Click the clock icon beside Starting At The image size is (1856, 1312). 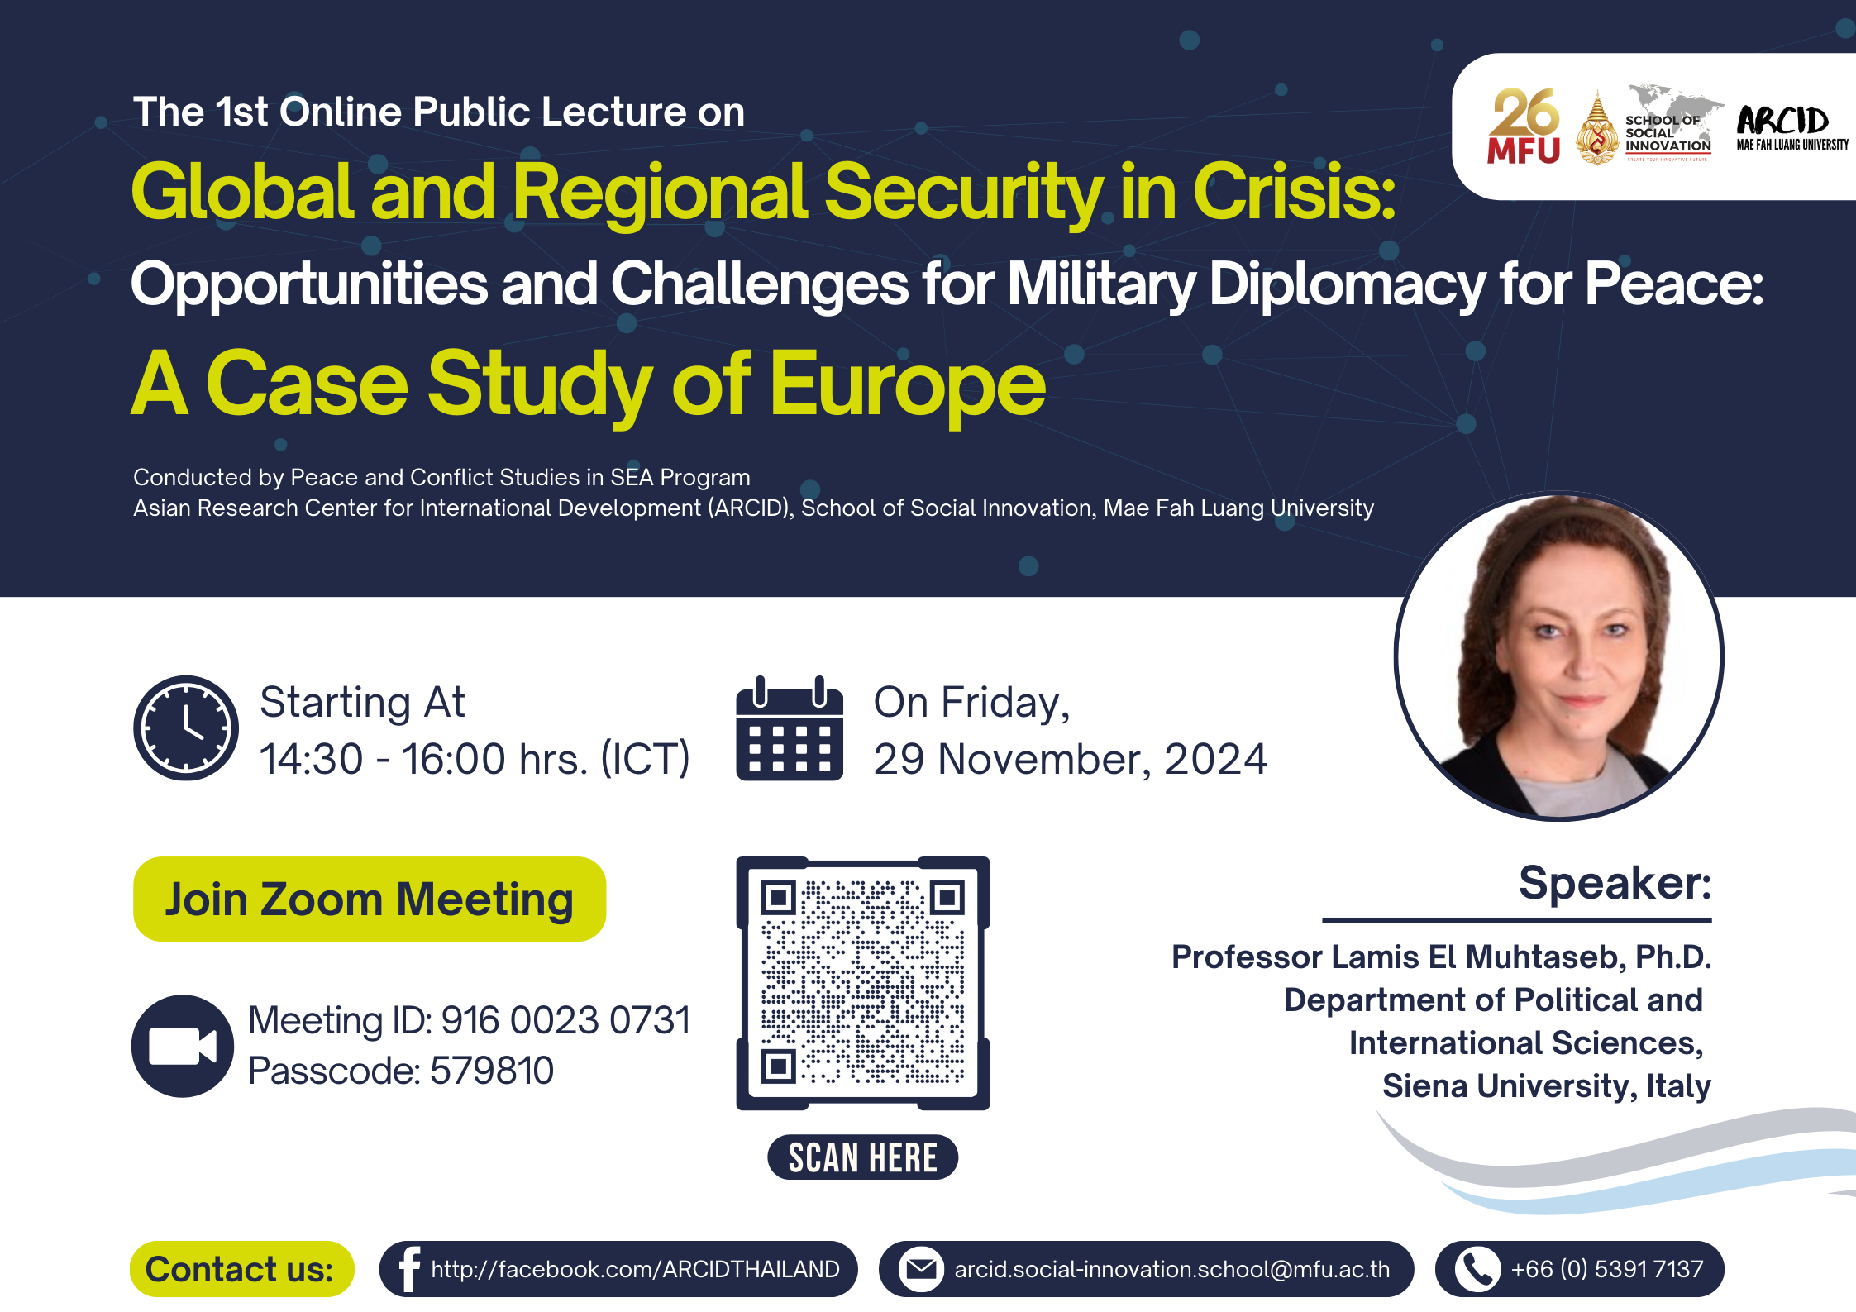(186, 728)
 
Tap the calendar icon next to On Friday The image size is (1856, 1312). (790, 728)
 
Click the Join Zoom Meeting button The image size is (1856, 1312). (370, 899)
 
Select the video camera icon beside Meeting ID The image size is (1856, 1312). (183, 1046)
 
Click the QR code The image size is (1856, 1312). (862, 983)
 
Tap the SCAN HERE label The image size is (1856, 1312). (862, 1157)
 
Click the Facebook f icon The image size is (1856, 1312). (408, 1268)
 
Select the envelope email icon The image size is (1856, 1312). (920, 1268)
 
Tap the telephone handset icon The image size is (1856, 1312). (1477, 1268)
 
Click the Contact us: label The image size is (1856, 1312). (241, 1268)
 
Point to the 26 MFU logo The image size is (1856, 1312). (1524, 126)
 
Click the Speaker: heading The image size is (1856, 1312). (1614, 883)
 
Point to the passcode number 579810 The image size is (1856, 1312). (492, 1071)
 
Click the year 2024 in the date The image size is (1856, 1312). (1215, 759)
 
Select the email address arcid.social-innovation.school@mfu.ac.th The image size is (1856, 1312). (1171, 1269)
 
